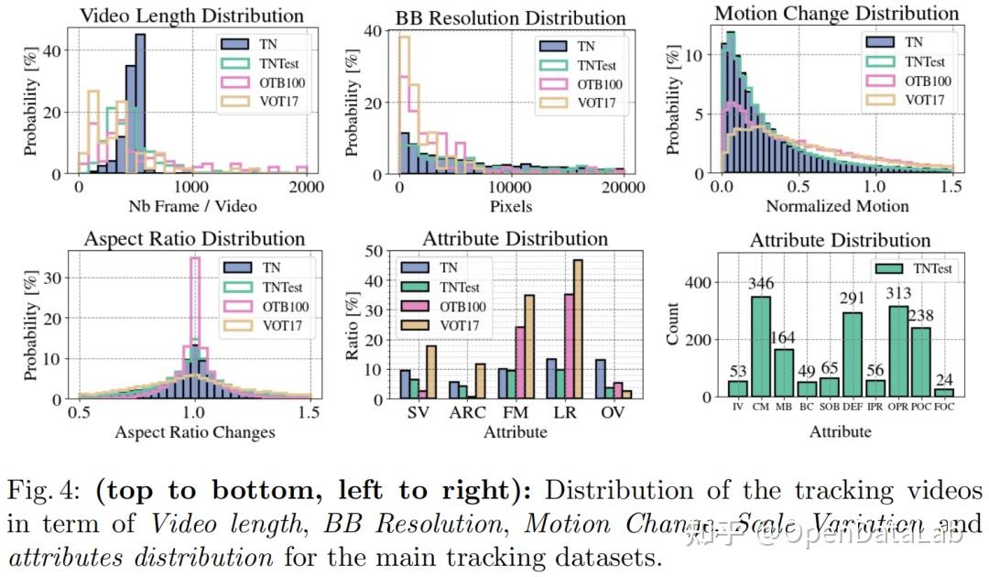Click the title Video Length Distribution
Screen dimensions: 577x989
click(x=191, y=16)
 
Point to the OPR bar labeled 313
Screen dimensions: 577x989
click(x=899, y=351)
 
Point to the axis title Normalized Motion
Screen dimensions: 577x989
click(x=837, y=206)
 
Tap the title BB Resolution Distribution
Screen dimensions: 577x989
click(x=510, y=17)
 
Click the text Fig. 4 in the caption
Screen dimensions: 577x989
click(x=46, y=491)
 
